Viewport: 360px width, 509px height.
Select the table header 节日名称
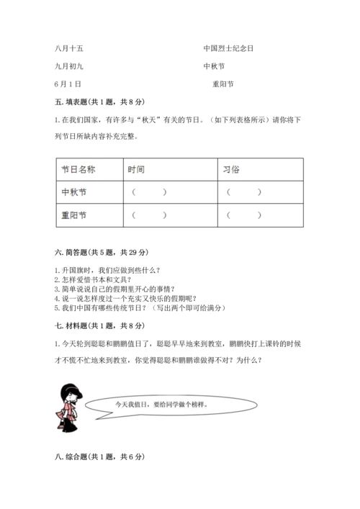(x=79, y=169)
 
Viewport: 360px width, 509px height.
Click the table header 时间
(x=136, y=169)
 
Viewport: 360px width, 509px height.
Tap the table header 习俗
(x=233, y=169)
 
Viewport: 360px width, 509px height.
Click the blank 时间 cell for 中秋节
(x=150, y=192)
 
